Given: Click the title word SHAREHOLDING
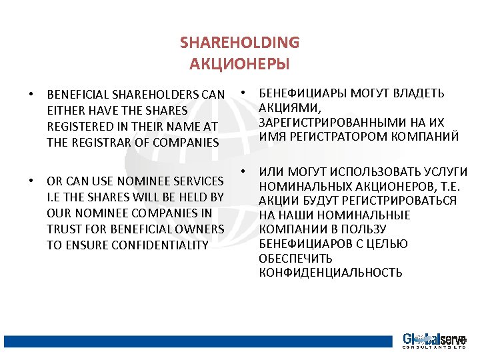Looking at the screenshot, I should [x=239, y=43].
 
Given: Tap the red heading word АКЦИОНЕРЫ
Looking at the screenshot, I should [x=239, y=64].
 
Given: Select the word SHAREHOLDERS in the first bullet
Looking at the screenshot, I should [x=158, y=95].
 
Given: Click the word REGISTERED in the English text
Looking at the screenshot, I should [x=79, y=127].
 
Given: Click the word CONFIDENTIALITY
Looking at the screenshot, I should [x=127, y=245].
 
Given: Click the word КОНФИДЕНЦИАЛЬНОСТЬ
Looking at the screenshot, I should [x=330, y=273].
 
